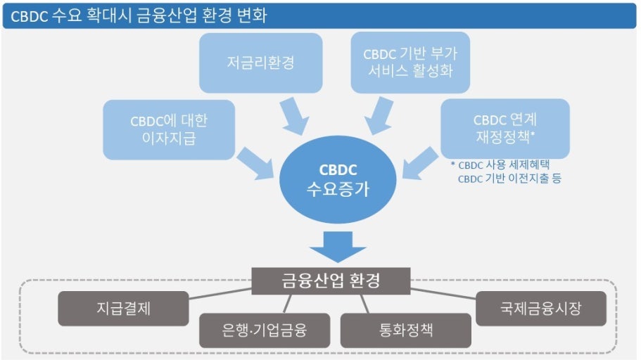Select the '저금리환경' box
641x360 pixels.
[x=260, y=63]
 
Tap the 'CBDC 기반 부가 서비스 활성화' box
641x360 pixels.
[x=410, y=63]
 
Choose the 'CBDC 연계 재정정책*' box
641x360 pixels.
[x=504, y=129]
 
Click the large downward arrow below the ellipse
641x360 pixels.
[x=338, y=246]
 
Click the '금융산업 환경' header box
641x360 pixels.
[x=331, y=281]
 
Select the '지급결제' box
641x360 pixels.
[x=123, y=308]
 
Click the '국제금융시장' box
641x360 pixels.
[x=540, y=308]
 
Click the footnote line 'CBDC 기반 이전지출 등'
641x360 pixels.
[x=509, y=179]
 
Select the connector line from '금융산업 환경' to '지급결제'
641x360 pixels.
[x=221, y=293]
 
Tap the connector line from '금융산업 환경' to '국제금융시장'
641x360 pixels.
[x=443, y=292]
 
